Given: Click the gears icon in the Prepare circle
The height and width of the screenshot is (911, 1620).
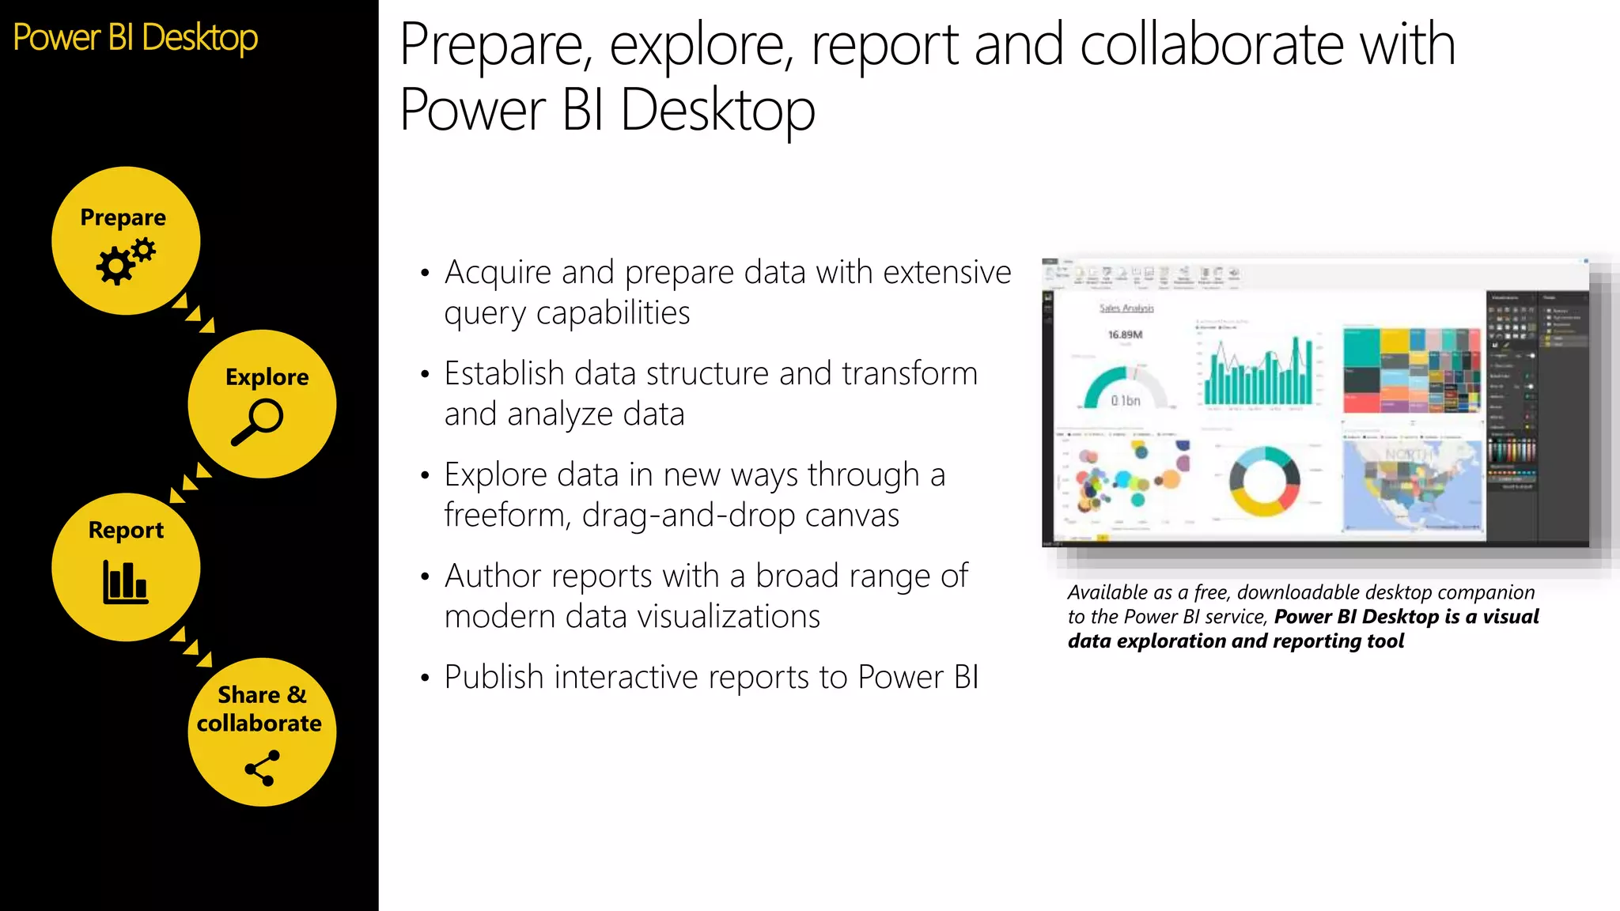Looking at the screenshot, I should coord(125,263).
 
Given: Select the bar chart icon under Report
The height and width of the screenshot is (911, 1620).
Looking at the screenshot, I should coord(125,582).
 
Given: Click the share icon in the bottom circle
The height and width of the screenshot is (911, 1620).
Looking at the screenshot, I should coord(262,768).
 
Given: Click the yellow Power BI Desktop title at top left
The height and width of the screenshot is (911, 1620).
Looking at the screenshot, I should coord(135,38).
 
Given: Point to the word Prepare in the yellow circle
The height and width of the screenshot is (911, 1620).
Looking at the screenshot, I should coord(123,217).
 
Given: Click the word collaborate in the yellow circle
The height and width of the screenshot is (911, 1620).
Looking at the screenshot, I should coord(259,723).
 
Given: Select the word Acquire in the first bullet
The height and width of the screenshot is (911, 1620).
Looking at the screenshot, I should coord(498,272).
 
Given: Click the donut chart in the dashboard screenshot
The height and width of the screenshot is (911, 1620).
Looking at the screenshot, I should coord(1264,481).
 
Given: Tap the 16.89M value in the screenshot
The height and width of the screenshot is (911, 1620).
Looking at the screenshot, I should coord(1125,335).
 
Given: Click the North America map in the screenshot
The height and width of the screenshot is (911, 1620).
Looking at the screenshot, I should coord(1413,484).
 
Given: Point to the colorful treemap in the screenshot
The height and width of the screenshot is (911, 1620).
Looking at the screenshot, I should coord(1411,369).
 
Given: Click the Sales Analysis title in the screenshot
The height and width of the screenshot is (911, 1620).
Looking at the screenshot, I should coord(1126,308).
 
